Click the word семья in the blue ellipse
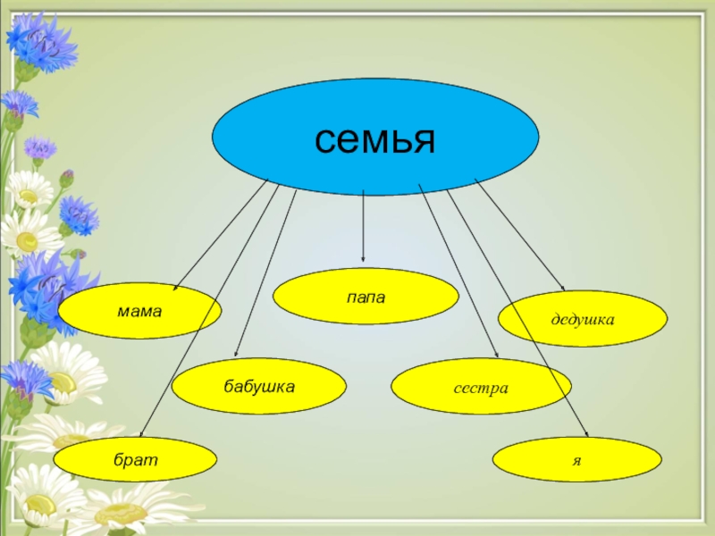click(x=374, y=138)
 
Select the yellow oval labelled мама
click(x=140, y=311)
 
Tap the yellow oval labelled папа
click(x=366, y=296)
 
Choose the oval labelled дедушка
click(x=583, y=318)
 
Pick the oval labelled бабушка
click(x=258, y=387)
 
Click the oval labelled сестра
click(x=481, y=388)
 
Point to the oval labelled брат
click(x=135, y=459)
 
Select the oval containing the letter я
click(x=577, y=459)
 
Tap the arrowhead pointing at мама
click(x=176, y=289)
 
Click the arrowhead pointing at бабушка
click(x=236, y=355)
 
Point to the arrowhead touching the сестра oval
click(x=497, y=357)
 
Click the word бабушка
click(x=258, y=387)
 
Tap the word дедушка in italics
click(x=583, y=318)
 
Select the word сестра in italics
click(x=481, y=389)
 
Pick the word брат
click(x=135, y=459)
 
